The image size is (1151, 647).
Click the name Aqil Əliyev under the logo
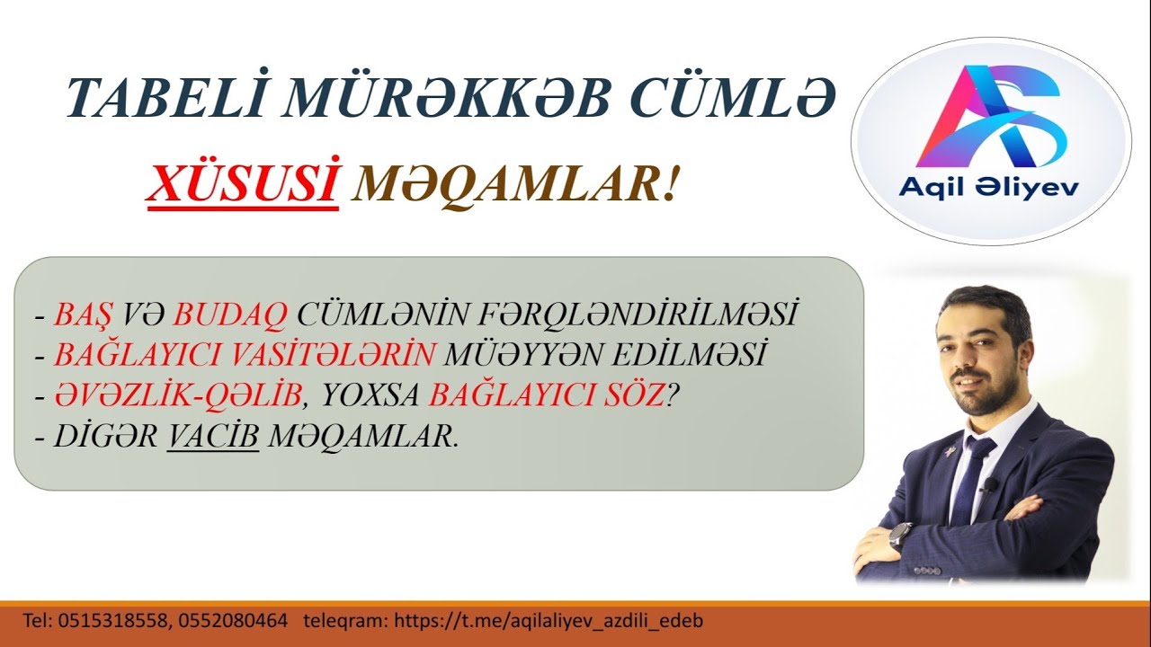point(989,189)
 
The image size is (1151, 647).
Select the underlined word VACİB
point(213,436)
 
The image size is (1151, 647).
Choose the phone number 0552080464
point(233,620)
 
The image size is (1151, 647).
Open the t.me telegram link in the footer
point(549,620)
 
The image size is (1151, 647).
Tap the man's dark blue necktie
point(974,476)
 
